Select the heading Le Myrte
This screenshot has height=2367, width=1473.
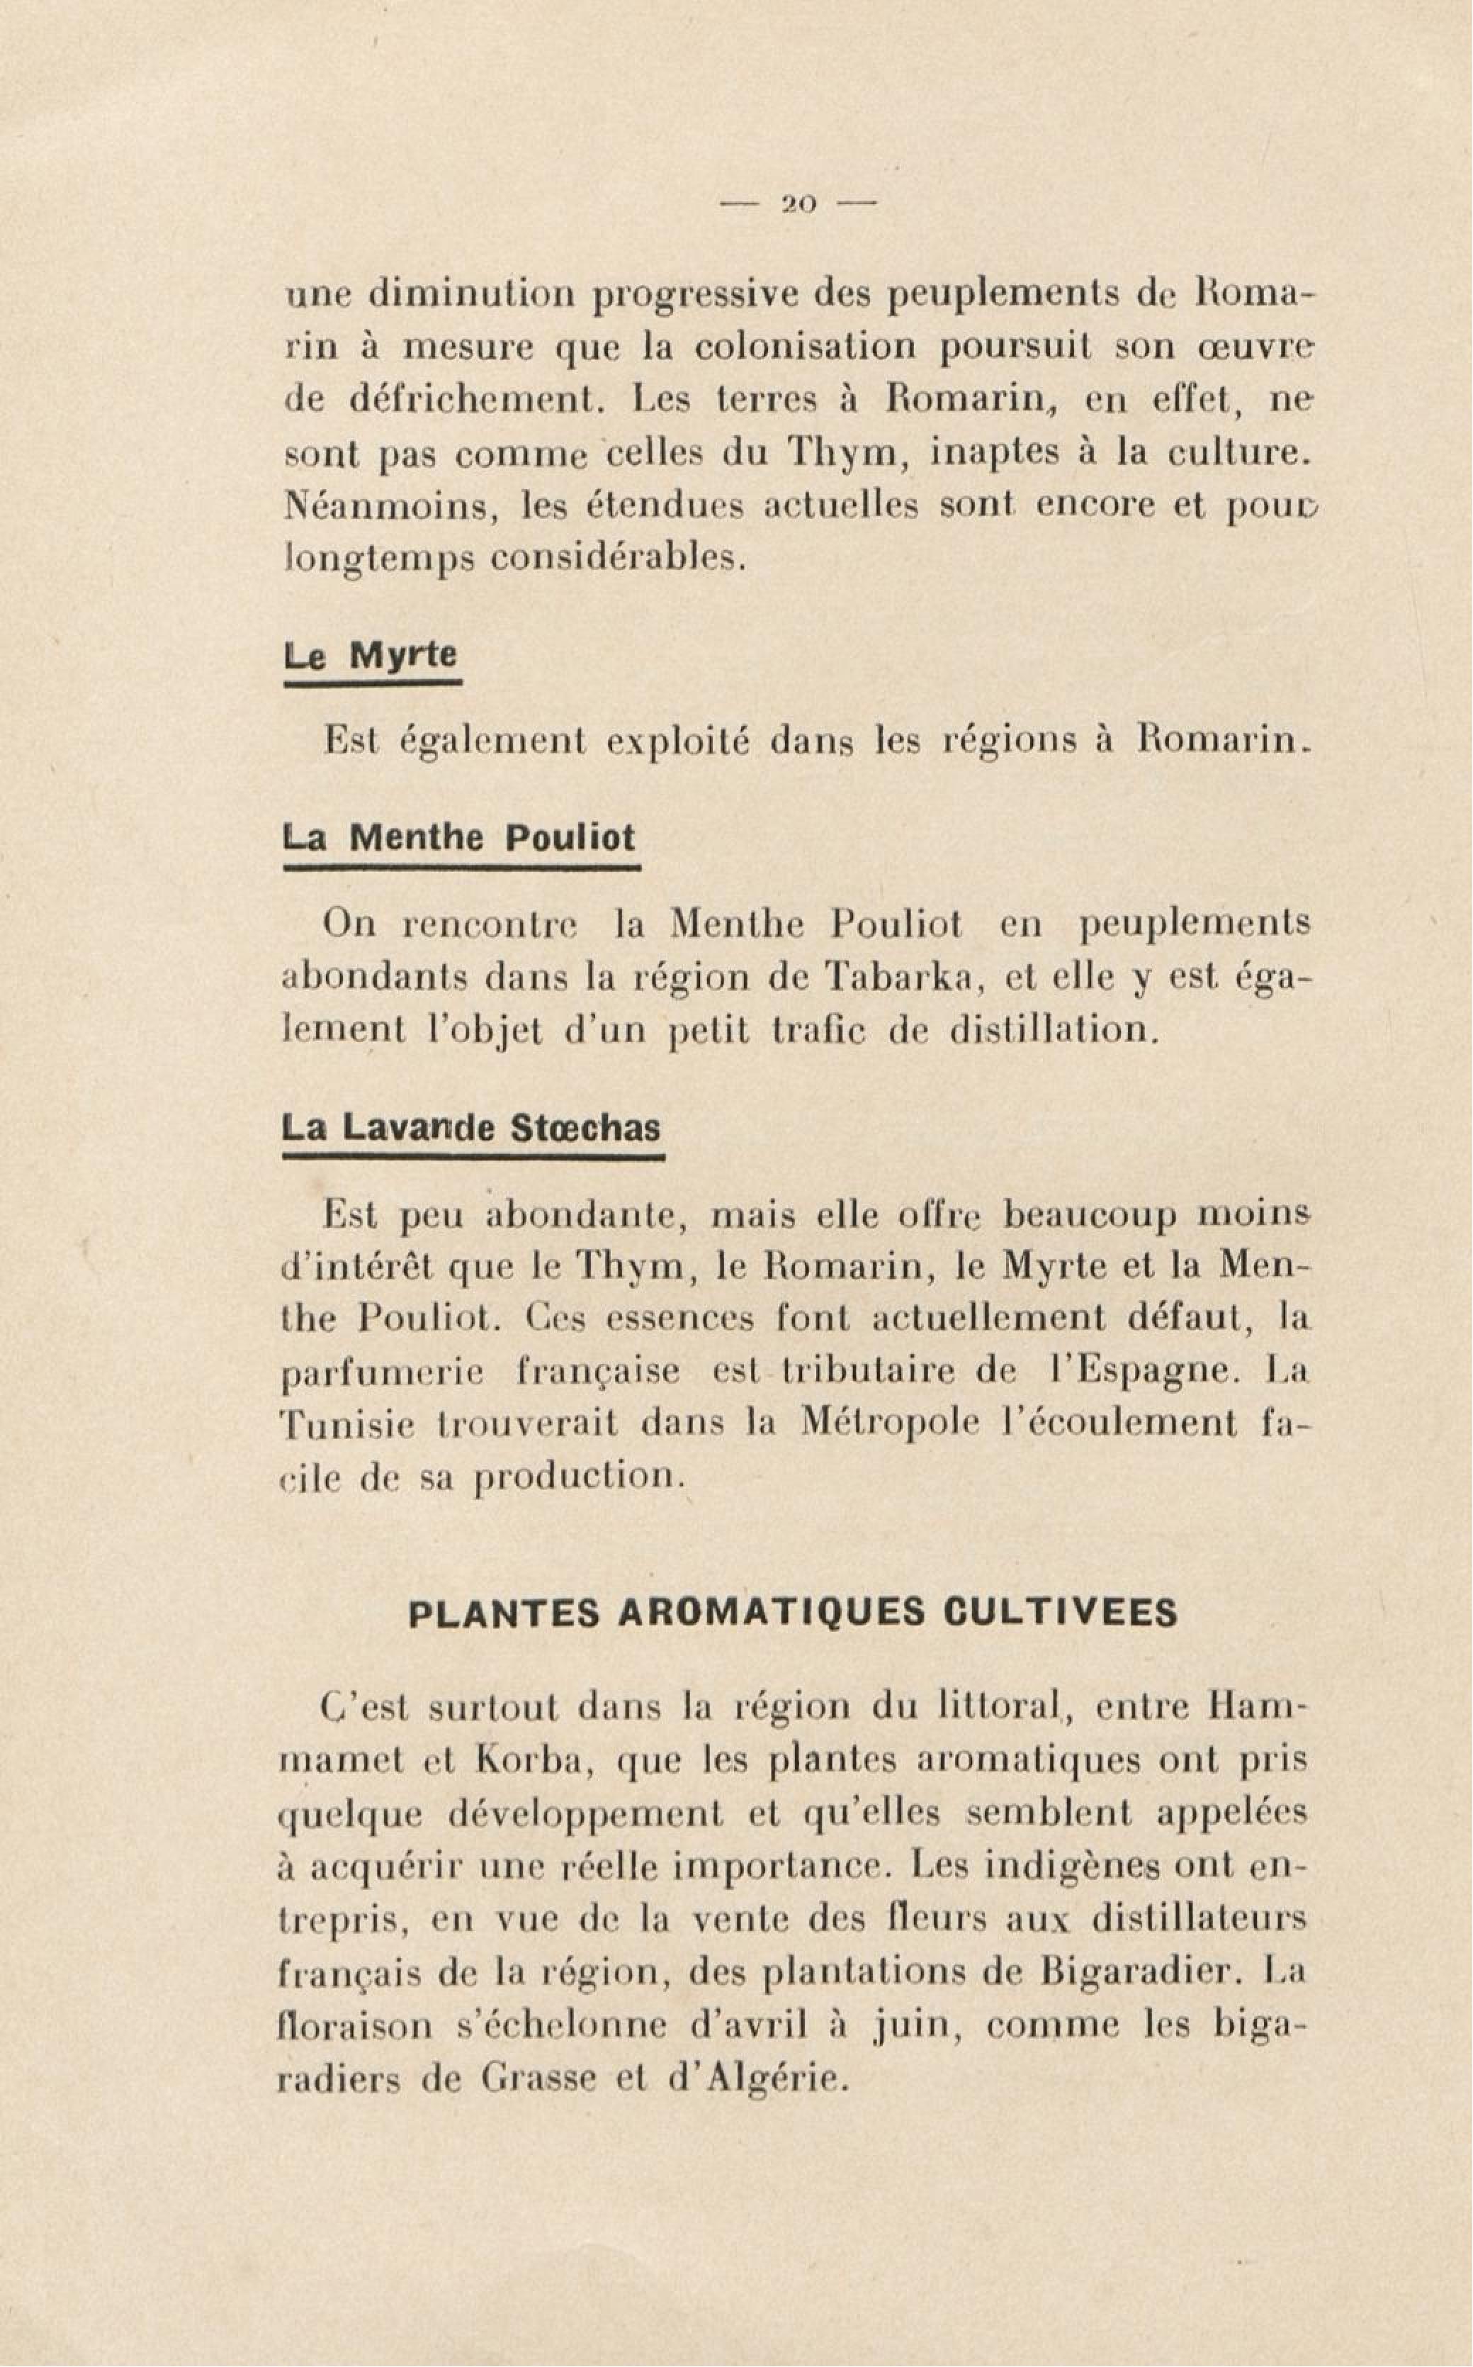[370, 655]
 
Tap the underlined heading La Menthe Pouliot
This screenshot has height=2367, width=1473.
[458, 838]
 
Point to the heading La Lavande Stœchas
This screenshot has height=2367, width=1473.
[470, 1129]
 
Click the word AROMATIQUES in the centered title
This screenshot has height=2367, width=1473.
[771, 1613]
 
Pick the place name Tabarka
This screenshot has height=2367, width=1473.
[901, 976]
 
